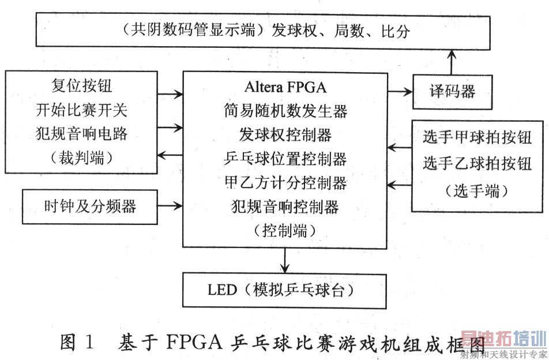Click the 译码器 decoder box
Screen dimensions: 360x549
[453, 91]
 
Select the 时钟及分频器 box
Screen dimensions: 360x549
[90, 206]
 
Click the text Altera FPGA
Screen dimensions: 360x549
[285, 88]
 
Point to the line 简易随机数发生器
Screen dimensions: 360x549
[285, 111]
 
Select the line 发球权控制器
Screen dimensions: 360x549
[285, 135]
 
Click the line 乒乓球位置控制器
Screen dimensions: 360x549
[285, 159]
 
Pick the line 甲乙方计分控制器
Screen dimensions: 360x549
[285, 183]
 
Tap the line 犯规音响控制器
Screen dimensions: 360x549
[285, 207]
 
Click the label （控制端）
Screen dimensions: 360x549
[285, 230]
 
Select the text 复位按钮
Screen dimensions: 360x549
[81, 87]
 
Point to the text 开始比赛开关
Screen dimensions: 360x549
[81, 111]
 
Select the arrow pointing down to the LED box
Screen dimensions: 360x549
[284, 261]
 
